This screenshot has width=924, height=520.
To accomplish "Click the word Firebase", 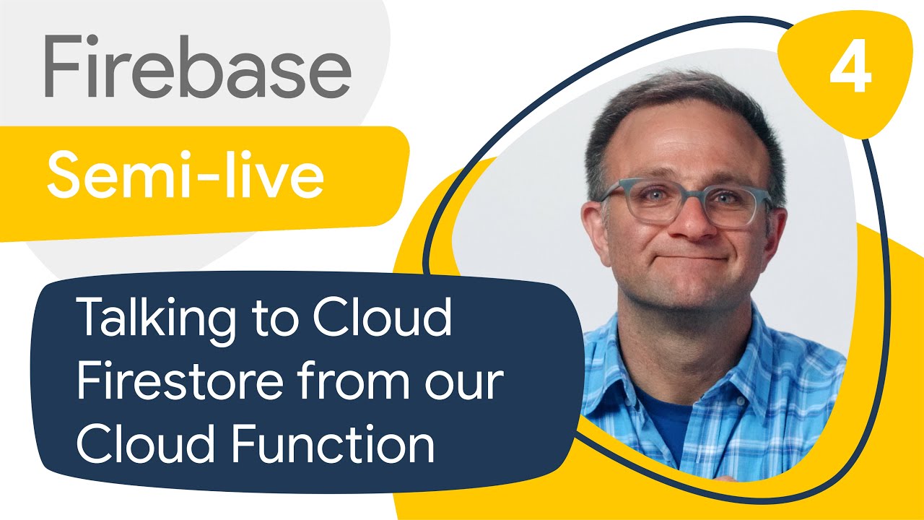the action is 198,66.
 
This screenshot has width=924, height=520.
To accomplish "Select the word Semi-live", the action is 186,175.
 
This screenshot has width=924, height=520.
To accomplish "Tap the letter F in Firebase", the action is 63,66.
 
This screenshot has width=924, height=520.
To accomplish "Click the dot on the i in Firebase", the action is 94,39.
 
